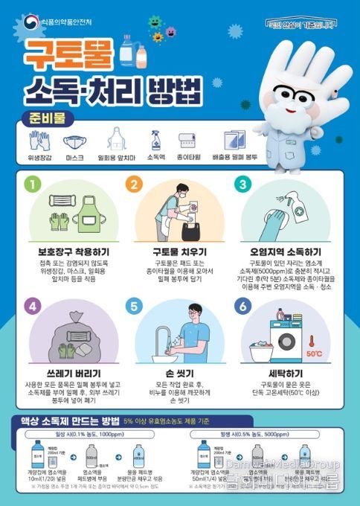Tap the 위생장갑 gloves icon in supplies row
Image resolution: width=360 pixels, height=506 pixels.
pos(39,141)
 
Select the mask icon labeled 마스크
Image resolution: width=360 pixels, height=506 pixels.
pos(74,142)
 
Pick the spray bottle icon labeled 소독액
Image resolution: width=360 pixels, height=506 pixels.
pos(155,141)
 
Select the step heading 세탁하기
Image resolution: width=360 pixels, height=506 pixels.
pos(286,373)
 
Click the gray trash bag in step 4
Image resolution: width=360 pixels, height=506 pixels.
pos(69,339)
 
